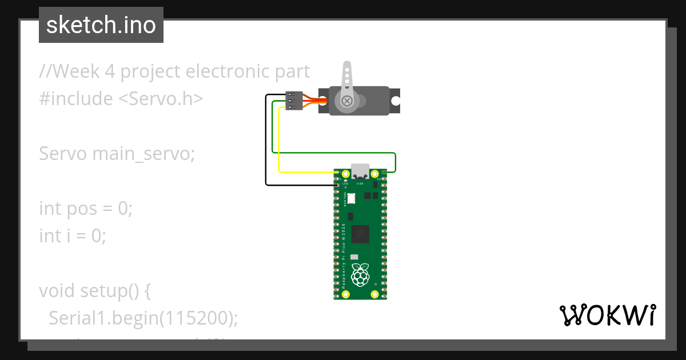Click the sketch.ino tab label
pos(101,25)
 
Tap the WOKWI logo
pos(607,315)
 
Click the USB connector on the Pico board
pos(360,170)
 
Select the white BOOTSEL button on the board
pos(351,198)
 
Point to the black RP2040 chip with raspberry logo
pos(360,233)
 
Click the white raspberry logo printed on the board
pos(360,275)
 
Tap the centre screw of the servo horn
pos(346,101)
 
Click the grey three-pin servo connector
pos(294,101)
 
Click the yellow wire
pos(278,143)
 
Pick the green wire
pos(332,153)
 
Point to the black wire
pos(266,143)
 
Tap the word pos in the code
pos(82,209)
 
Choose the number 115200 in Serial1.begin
pos(196,318)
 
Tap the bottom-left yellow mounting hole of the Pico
pos(346,294)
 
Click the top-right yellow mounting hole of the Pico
pos(375,174)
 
